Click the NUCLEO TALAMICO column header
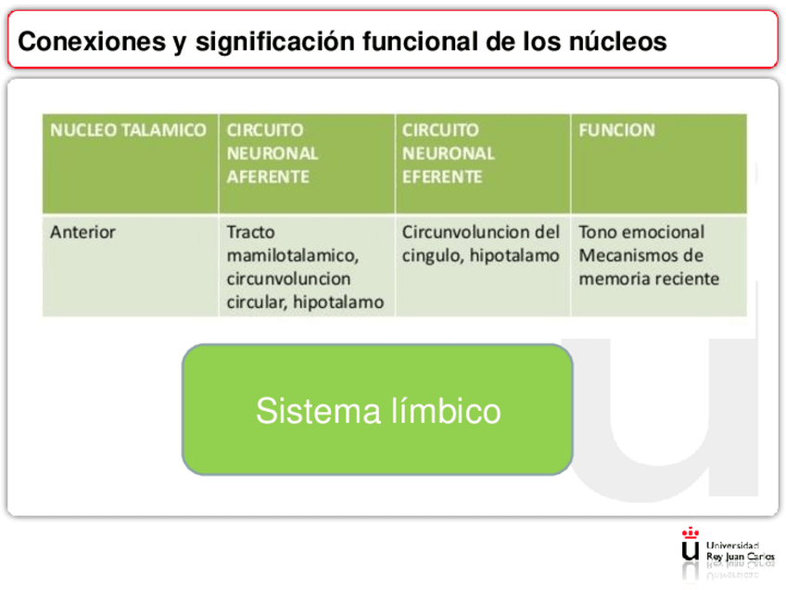point(128,131)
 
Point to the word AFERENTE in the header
point(268,176)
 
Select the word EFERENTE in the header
point(441,176)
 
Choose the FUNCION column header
point(616,131)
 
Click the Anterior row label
point(82,233)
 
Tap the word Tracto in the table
point(251,233)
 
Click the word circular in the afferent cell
point(257,301)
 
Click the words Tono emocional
point(641,233)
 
